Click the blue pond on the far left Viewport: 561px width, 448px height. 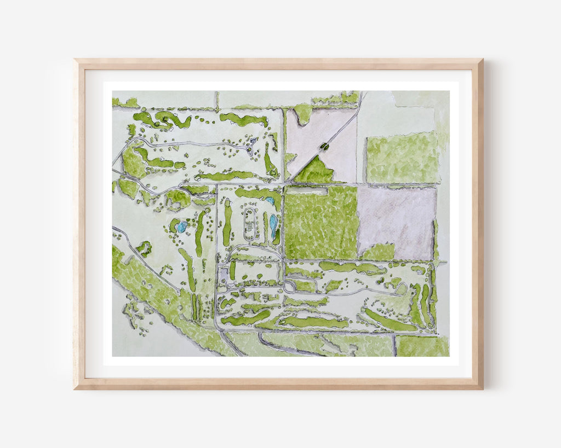click(x=181, y=226)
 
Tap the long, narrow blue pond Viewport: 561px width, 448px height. click(x=273, y=226)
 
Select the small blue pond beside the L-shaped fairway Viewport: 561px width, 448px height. click(x=270, y=201)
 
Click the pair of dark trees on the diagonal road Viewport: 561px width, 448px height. click(x=324, y=146)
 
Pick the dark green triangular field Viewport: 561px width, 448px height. click(x=316, y=172)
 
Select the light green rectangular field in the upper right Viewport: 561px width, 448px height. click(x=402, y=157)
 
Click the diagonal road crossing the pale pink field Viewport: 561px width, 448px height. click(x=329, y=142)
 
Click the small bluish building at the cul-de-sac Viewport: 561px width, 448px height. click(x=253, y=141)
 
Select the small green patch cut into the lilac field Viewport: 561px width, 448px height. click(x=379, y=252)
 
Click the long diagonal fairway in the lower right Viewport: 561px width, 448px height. click(x=389, y=321)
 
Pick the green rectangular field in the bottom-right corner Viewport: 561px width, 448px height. click(x=422, y=346)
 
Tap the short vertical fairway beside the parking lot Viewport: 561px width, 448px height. click(x=233, y=270)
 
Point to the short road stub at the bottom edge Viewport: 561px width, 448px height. click(x=394, y=345)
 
